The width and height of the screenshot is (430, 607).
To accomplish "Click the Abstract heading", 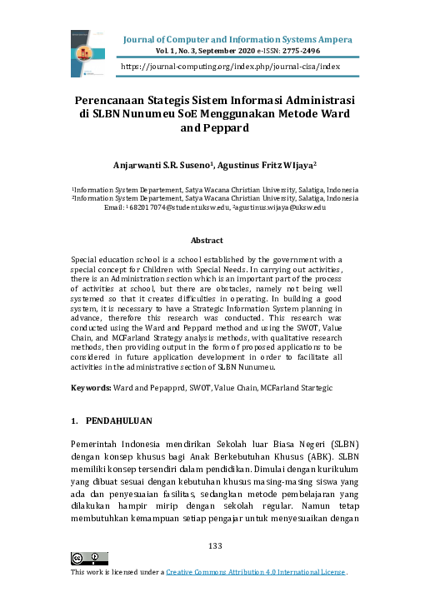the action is tap(216, 240).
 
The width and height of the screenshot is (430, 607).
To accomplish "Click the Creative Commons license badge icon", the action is tap(89, 558).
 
